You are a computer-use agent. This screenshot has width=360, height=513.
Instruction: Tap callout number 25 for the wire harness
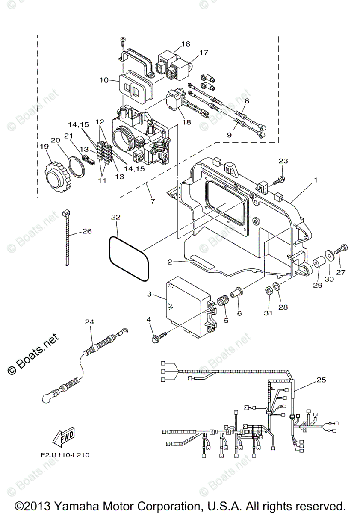tap(321, 379)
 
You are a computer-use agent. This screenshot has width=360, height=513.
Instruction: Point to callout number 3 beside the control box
tap(149, 294)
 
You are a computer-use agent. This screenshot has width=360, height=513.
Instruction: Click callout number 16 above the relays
tap(185, 44)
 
